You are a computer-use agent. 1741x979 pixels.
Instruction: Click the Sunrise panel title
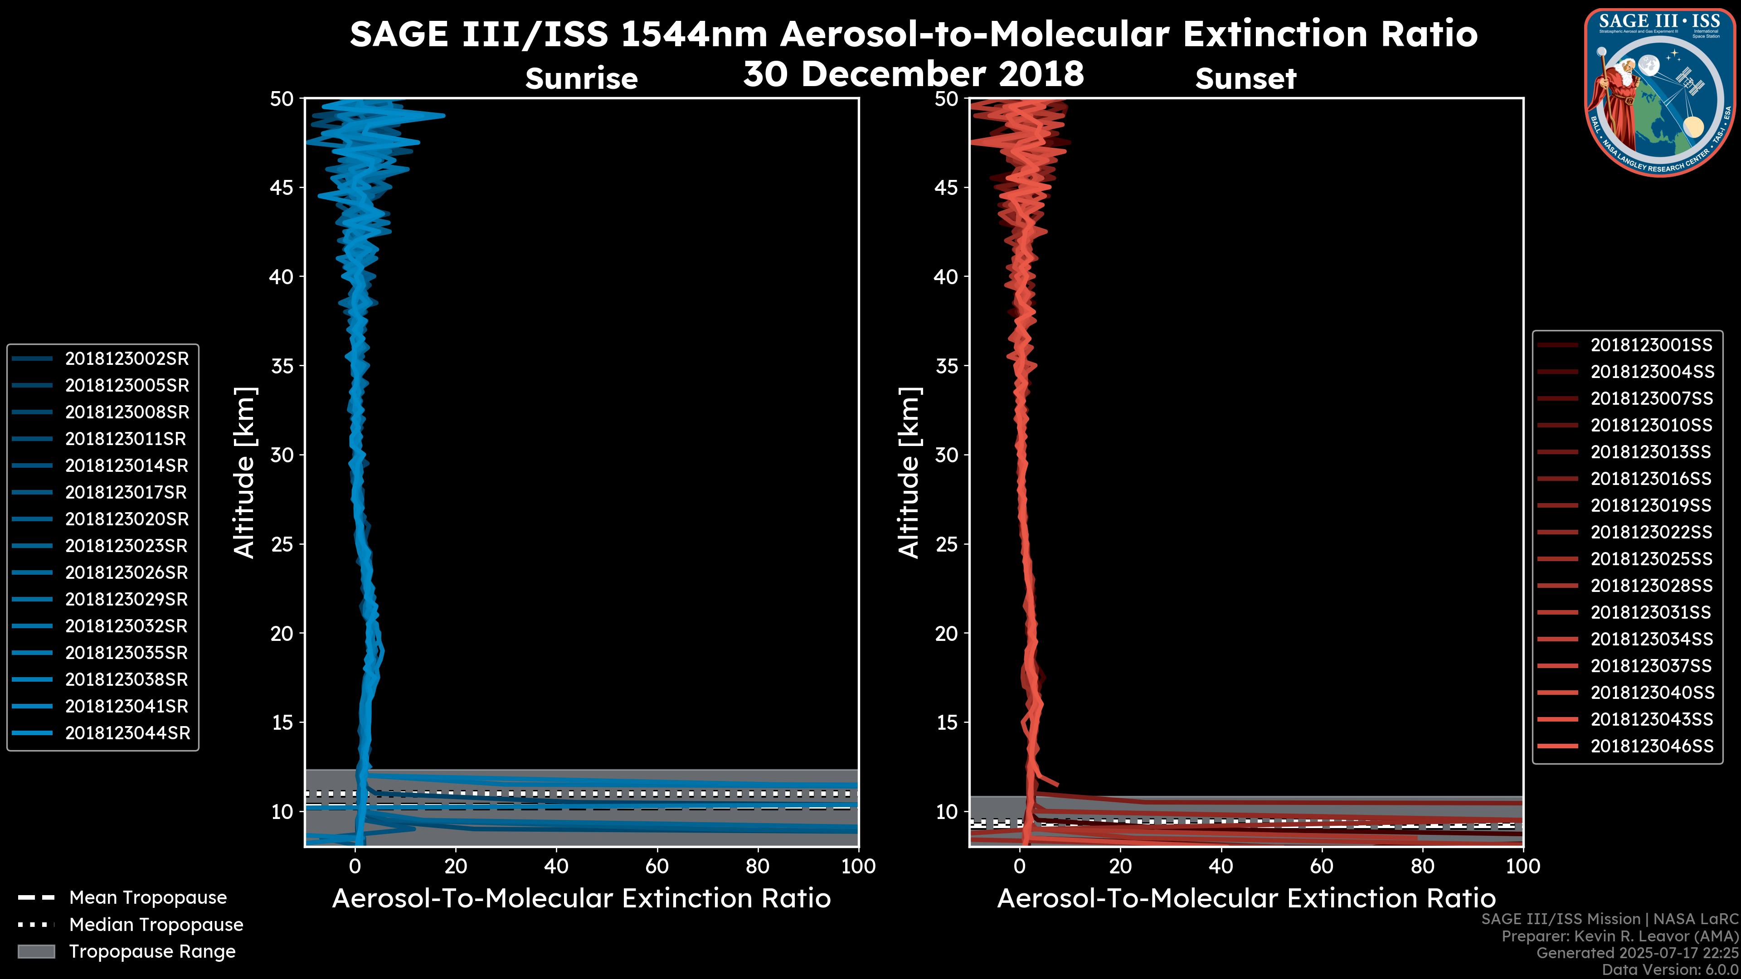[581, 79]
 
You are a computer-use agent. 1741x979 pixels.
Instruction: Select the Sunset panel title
[1245, 79]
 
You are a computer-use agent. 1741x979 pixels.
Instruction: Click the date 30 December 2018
[913, 73]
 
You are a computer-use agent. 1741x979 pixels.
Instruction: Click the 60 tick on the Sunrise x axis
[657, 866]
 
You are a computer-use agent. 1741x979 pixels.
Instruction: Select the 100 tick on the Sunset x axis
[1523, 866]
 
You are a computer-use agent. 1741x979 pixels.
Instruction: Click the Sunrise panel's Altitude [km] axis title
[245, 472]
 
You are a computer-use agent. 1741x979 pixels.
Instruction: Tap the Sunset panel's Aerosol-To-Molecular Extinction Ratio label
[1245, 899]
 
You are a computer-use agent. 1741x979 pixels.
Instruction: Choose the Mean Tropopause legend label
[148, 898]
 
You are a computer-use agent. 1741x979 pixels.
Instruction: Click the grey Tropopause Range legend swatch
[36, 951]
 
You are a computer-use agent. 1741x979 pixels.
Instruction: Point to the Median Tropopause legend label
[156, 925]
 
